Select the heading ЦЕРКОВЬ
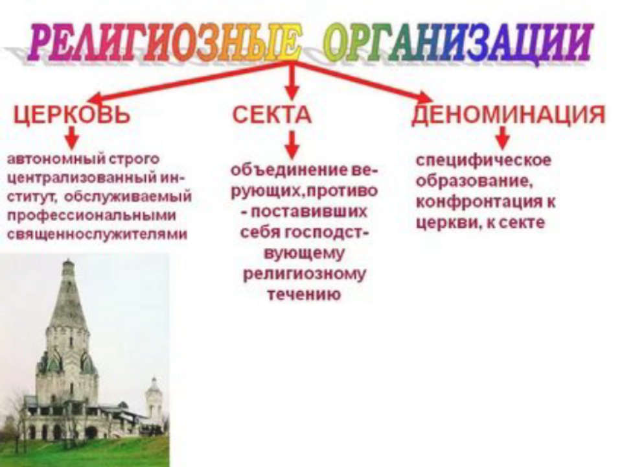coord(72,115)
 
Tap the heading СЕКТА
coord(271,115)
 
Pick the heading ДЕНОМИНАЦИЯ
coord(509,114)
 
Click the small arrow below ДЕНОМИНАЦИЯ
coord(503,137)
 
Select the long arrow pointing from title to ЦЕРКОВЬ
coord(190,82)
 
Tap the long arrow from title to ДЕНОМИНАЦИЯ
coord(363,82)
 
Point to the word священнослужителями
coord(97,235)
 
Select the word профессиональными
coord(91,215)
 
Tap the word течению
coord(304,294)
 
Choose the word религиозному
coord(304,274)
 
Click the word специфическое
coord(483,160)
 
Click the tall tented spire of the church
coord(68,294)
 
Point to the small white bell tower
coord(154,399)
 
